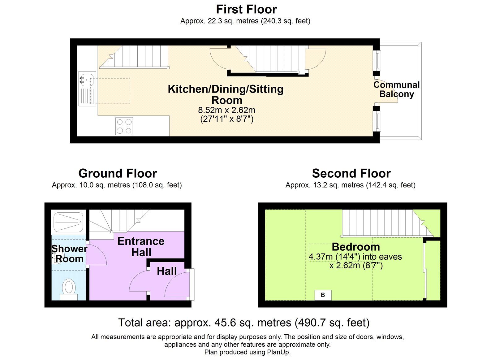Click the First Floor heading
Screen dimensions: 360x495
click(x=246, y=9)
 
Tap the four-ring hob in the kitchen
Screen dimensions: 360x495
click(x=124, y=126)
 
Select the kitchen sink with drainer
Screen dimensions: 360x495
click(x=87, y=89)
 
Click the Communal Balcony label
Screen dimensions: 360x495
click(x=396, y=89)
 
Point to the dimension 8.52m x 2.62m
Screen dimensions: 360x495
click(x=226, y=110)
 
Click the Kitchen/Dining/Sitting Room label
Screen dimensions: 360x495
click(x=226, y=94)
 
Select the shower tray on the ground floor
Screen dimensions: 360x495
click(x=68, y=222)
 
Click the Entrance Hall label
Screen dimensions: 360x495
click(x=141, y=247)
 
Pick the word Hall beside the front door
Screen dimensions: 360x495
click(x=167, y=271)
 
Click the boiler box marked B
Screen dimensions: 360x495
click(x=323, y=295)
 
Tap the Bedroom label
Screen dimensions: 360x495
click(x=356, y=247)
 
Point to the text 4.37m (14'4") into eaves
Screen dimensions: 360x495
click(x=355, y=257)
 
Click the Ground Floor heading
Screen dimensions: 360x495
click(x=118, y=173)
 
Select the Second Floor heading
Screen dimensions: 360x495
click(x=351, y=173)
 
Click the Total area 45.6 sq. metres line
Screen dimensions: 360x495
click(x=244, y=323)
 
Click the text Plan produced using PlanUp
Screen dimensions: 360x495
click(x=247, y=352)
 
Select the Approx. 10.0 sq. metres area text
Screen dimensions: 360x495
click(x=117, y=185)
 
